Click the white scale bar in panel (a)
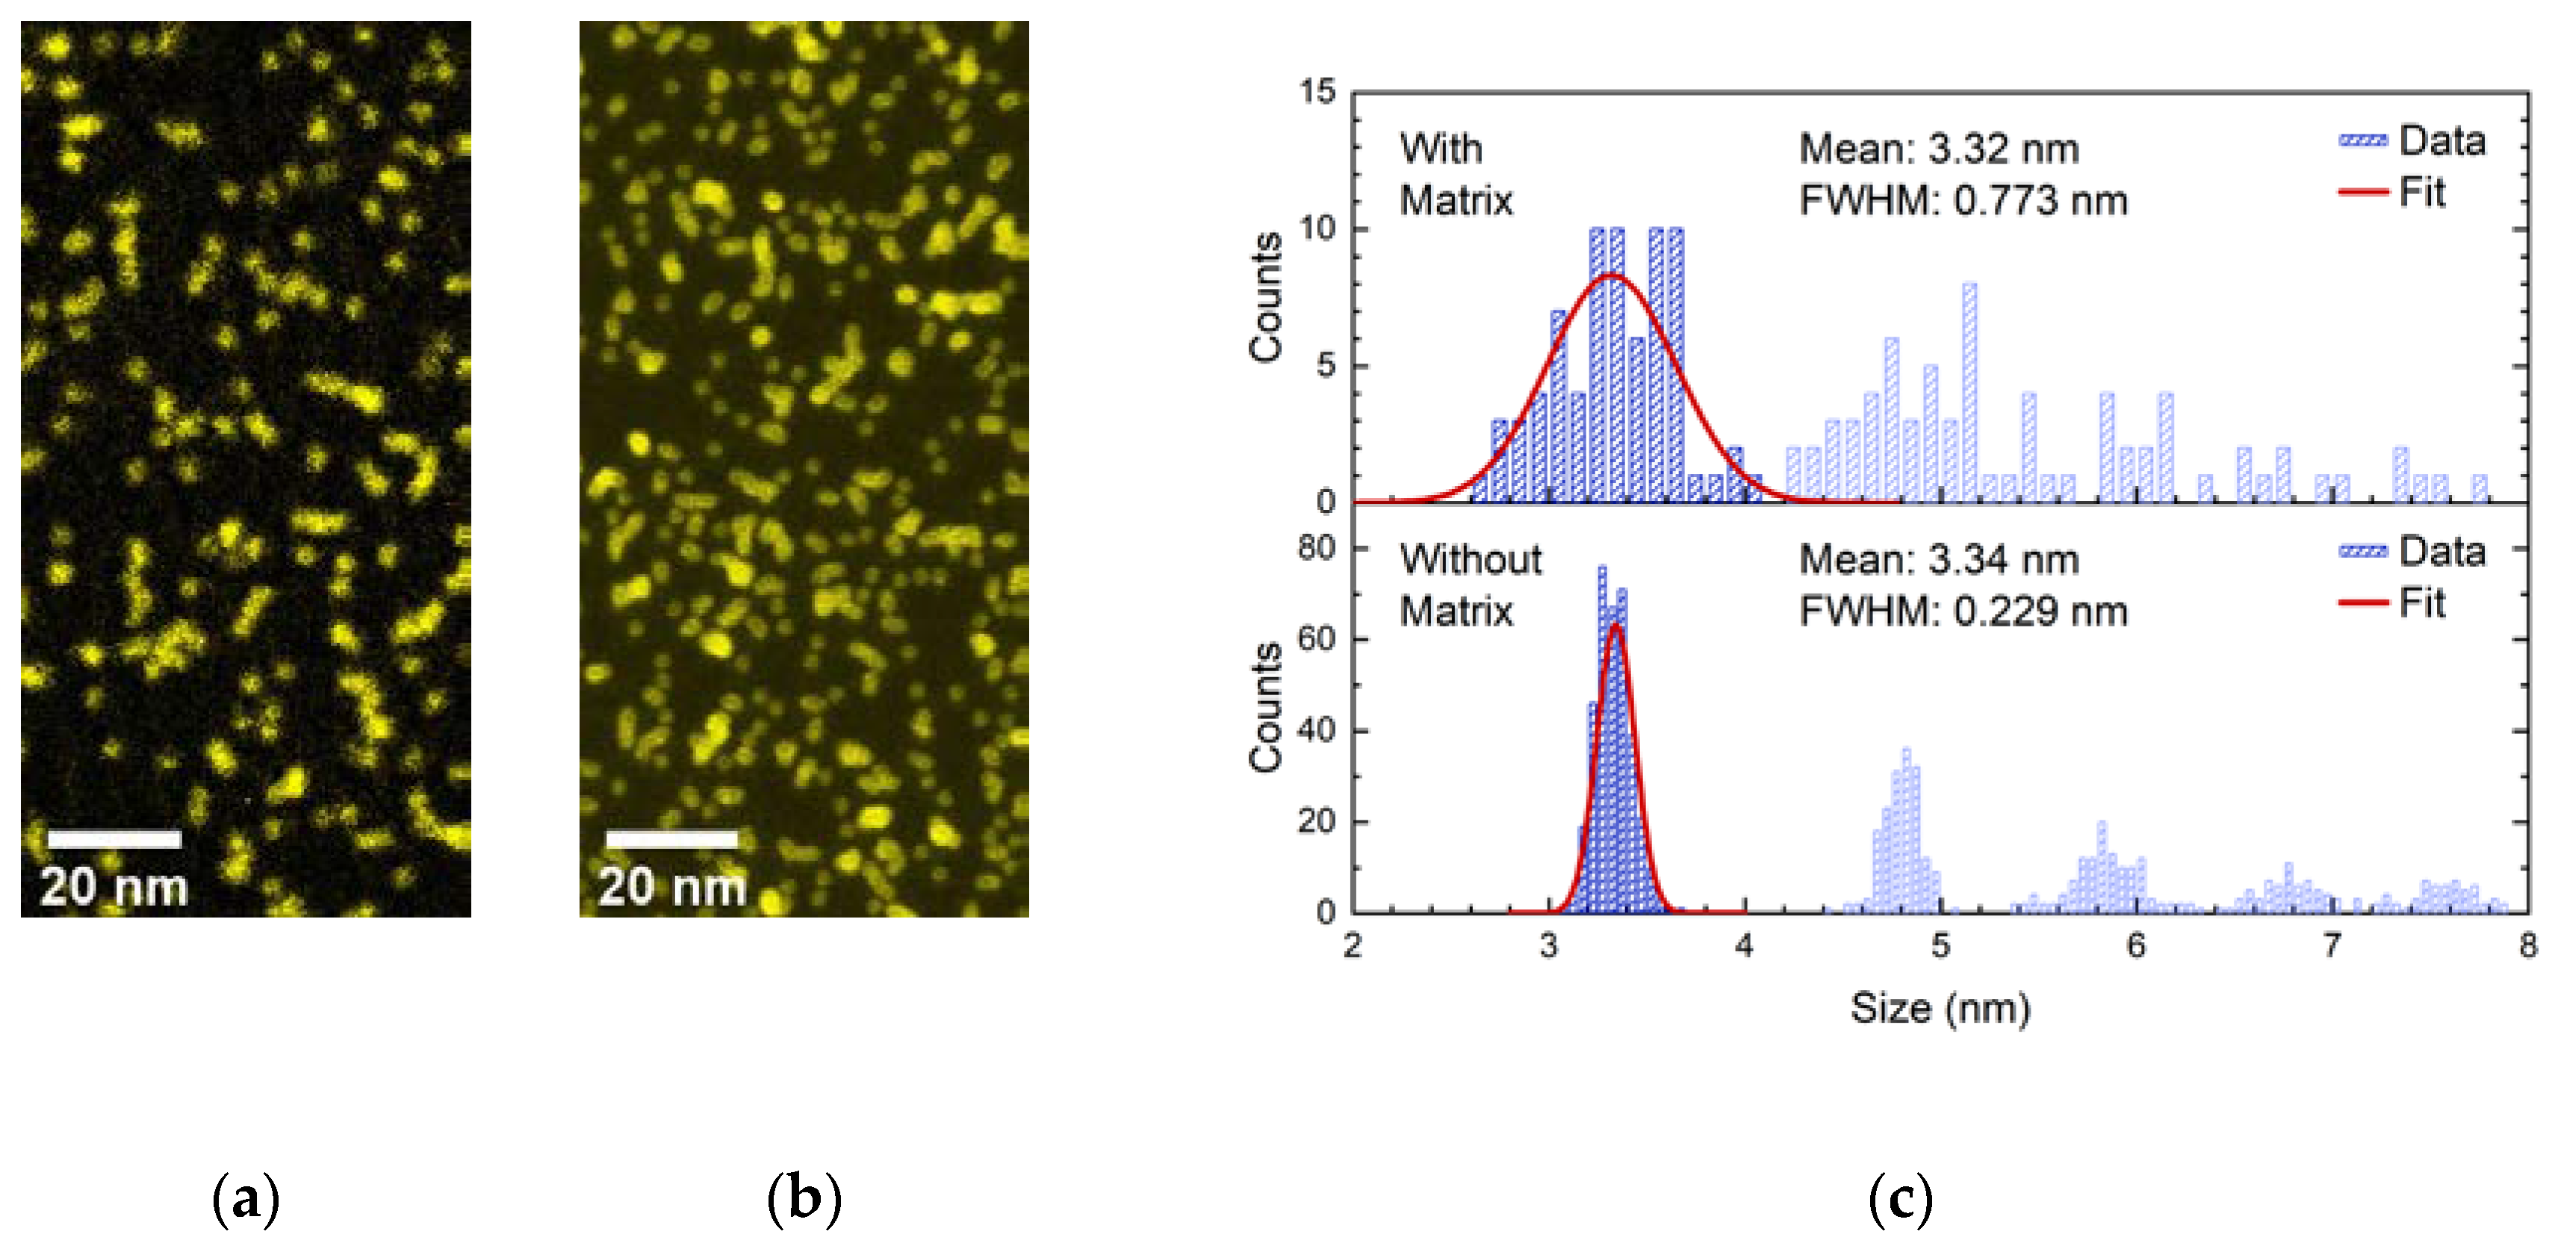pos(114,839)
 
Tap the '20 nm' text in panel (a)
pos(114,886)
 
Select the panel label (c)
pos(1899,1200)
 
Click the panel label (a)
pos(246,1200)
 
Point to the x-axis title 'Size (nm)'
pos(1940,1009)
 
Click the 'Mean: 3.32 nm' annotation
pos(1939,149)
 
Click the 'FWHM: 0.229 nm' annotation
pos(1963,612)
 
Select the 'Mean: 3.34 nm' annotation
pos(1939,560)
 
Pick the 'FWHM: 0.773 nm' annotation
pos(1963,201)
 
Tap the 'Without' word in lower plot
pos(1470,560)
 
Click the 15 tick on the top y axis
pos(1317,92)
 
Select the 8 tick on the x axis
pos(2527,946)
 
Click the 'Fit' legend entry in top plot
pos(2421,192)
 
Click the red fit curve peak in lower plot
pos(1615,626)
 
